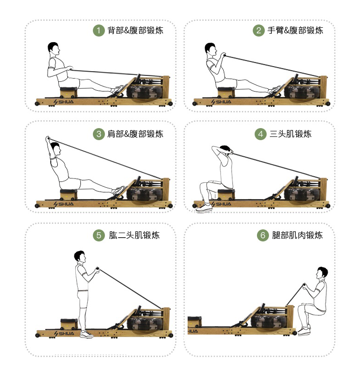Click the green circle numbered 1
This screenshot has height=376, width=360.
99,31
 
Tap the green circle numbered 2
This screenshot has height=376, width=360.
258,31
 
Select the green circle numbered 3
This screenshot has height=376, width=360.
99,134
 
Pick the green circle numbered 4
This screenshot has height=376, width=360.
261,134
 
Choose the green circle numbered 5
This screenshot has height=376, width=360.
99,235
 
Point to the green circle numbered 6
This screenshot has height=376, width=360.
262,235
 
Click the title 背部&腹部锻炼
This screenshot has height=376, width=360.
135,31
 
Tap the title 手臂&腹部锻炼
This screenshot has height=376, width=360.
295,31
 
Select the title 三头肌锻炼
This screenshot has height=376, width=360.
291,134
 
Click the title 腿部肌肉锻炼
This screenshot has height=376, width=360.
297,235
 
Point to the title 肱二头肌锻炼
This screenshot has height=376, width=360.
134,235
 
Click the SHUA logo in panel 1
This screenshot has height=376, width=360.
63,102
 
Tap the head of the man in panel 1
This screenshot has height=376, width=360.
54,49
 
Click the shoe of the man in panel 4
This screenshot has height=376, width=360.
204,208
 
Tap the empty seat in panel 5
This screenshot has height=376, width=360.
69,324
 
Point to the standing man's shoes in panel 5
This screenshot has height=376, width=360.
86,334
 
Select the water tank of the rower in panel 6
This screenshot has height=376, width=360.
268,321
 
